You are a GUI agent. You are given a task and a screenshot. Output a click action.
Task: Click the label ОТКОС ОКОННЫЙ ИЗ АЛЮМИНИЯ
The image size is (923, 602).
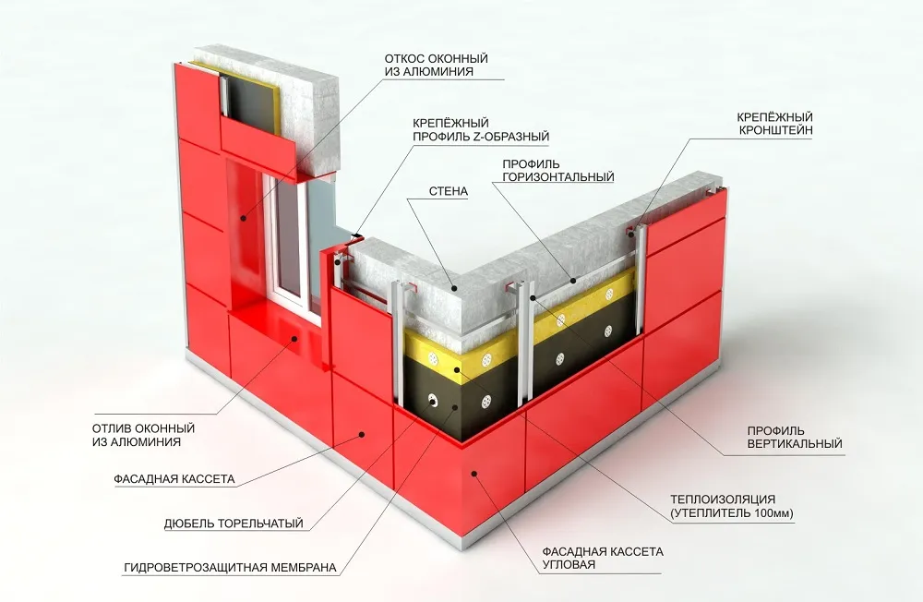pyautogui.click(x=437, y=66)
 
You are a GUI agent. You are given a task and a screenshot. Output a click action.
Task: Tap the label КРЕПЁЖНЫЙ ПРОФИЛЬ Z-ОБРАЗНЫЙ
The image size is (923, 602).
pyautogui.click(x=480, y=130)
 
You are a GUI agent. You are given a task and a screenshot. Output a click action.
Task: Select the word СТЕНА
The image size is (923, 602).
pyautogui.click(x=449, y=191)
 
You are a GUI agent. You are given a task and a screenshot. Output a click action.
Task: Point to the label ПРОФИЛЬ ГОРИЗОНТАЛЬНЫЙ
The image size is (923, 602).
pyautogui.click(x=558, y=170)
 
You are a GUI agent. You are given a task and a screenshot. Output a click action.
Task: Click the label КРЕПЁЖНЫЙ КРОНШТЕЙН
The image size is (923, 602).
pyautogui.click(x=775, y=124)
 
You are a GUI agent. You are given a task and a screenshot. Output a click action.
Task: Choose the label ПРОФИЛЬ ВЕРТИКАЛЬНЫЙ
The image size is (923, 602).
pyautogui.click(x=795, y=437)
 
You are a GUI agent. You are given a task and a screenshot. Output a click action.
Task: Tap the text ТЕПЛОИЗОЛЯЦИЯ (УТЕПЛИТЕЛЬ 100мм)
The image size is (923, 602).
pyautogui.click(x=732, y=507)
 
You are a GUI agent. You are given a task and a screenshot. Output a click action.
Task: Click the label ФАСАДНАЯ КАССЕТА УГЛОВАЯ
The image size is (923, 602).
pyautogui.click(x=602, y=558)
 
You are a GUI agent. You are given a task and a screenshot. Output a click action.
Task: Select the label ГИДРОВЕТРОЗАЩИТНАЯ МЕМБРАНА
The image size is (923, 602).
pyautogui.click(x=230, y=568)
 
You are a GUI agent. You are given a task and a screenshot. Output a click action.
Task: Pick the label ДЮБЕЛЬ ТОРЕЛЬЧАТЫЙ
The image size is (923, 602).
pyautogui.click(x=234, y=524)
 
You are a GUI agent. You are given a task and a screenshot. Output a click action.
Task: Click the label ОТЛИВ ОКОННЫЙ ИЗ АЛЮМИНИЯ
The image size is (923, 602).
pyautogui.click(x=143, y=435)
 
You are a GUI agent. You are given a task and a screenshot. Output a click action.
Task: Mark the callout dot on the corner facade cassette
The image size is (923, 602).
pyautogui.click(x=474, y=473)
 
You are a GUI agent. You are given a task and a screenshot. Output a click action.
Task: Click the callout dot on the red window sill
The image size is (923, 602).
pyautogui.click(x=296, y=338)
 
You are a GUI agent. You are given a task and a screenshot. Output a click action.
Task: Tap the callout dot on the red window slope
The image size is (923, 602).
pyautogui.click(x=243, y=218)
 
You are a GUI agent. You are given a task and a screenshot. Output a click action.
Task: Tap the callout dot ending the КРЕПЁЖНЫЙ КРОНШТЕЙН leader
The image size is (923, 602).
pyautogui.click(x=632, y=235)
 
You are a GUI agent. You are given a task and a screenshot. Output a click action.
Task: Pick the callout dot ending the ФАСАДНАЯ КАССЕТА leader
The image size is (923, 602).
pyautogui.click(x=362, y=435)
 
